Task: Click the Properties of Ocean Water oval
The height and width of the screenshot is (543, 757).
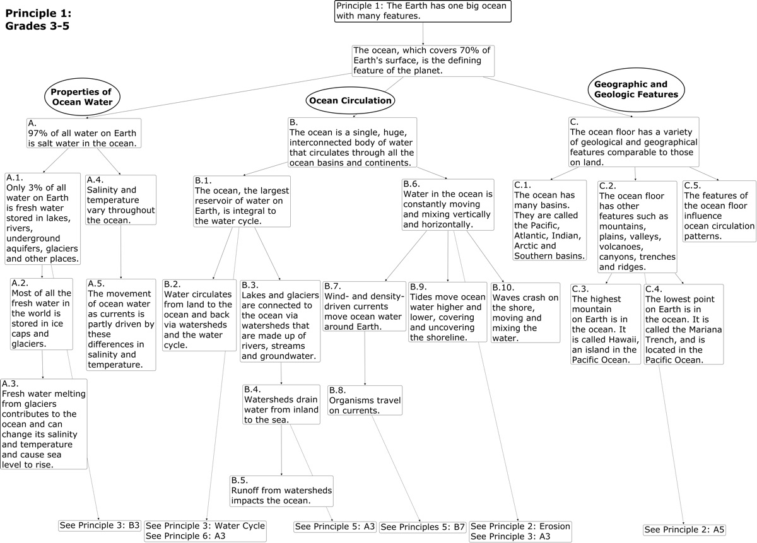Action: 82,96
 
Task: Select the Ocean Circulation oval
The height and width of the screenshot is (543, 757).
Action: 350,100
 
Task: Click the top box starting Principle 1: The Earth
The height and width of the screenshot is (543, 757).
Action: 422,11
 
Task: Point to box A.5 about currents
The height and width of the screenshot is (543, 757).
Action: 121,324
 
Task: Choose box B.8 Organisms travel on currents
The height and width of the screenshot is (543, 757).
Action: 365,400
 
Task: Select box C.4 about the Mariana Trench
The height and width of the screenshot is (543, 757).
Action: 684,324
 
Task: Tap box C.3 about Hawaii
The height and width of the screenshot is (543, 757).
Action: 605,324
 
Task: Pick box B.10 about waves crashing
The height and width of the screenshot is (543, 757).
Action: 525,312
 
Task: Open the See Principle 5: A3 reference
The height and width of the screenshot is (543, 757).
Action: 335,526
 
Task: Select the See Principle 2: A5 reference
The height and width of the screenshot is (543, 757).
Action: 684,529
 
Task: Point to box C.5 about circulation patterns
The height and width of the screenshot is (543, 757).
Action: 719,211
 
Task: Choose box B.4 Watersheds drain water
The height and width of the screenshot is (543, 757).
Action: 281,404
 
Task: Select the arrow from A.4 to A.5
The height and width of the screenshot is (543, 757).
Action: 121,252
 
